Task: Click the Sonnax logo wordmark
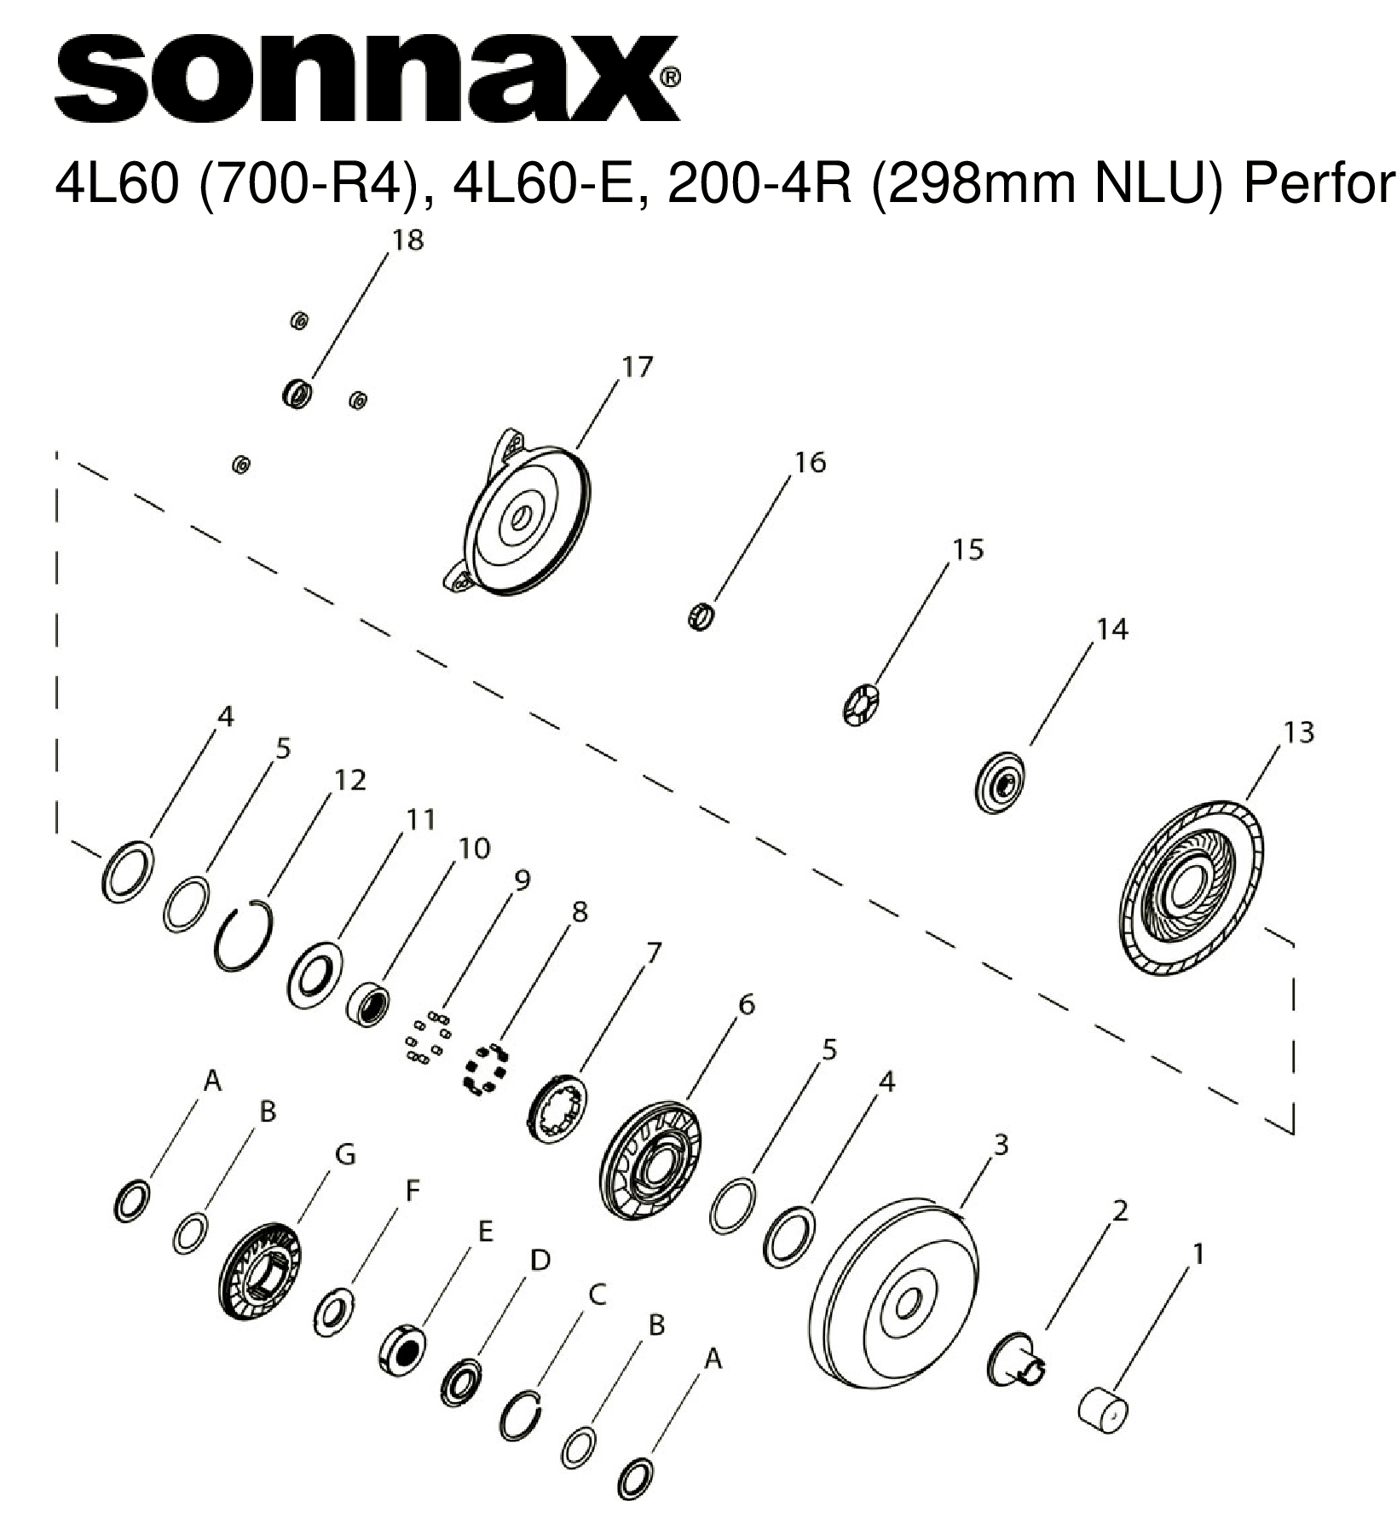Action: [367, 79]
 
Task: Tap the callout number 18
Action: [407, 241]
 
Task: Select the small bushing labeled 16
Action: [700, 615]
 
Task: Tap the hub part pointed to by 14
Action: [999, 781]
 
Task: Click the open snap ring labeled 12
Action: [243, 935]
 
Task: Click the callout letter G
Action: [344, 1154]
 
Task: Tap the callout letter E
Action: [484, 1231]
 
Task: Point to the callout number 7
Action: [653, 953]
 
